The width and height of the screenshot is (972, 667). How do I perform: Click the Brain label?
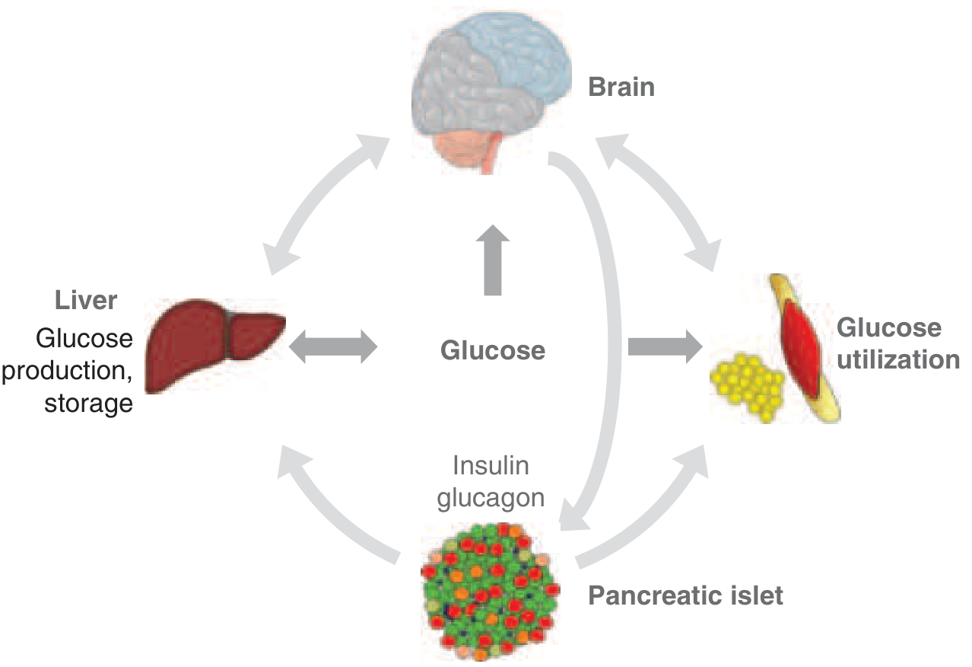(621, 87)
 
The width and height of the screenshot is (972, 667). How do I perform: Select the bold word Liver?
(86, 300)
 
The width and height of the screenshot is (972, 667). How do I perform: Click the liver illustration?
(213, 342)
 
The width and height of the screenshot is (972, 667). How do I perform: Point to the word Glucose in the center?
(493, 351)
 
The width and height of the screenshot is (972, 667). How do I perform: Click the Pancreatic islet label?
(685, 595)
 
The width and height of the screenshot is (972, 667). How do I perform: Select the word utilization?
(898, 359)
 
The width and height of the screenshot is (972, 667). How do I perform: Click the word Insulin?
(491, 465)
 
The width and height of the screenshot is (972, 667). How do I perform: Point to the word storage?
(88, 402)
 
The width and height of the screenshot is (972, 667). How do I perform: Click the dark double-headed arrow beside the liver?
(332, 346)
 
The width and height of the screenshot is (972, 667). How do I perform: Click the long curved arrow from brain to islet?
(608, 305)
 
